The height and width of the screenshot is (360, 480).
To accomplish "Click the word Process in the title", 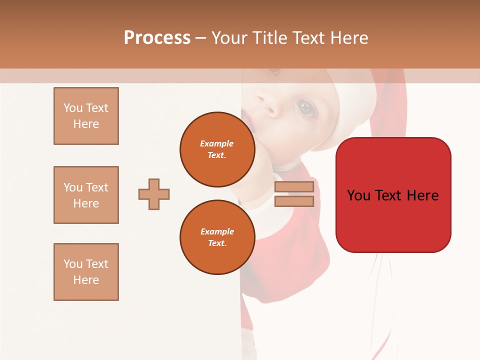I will [157, 38].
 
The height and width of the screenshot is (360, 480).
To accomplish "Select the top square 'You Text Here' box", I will [86, 116].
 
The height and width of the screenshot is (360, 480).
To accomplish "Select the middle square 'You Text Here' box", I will [86, 195].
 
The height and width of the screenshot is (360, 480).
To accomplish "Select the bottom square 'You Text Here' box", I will [86, 272].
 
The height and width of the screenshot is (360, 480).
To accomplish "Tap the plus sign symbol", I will [154, 194].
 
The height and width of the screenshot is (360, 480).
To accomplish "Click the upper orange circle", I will [217, 149].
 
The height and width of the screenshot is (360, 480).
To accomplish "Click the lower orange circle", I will [217, 237].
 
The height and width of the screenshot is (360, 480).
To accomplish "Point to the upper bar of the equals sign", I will [294, 187].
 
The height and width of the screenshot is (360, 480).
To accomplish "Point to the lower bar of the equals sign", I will [294, 201].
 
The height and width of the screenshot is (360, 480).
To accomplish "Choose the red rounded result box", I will [393, 195].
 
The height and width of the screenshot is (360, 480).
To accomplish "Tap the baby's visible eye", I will [305, 106].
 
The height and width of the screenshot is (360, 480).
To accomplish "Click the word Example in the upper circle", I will [217, 143].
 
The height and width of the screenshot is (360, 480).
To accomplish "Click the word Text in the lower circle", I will [217, 243].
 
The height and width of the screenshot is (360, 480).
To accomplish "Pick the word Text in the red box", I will [393, 195].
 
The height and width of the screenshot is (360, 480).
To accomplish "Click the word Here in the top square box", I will [86, 124].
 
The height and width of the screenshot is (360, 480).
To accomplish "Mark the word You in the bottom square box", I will [73, 264].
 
